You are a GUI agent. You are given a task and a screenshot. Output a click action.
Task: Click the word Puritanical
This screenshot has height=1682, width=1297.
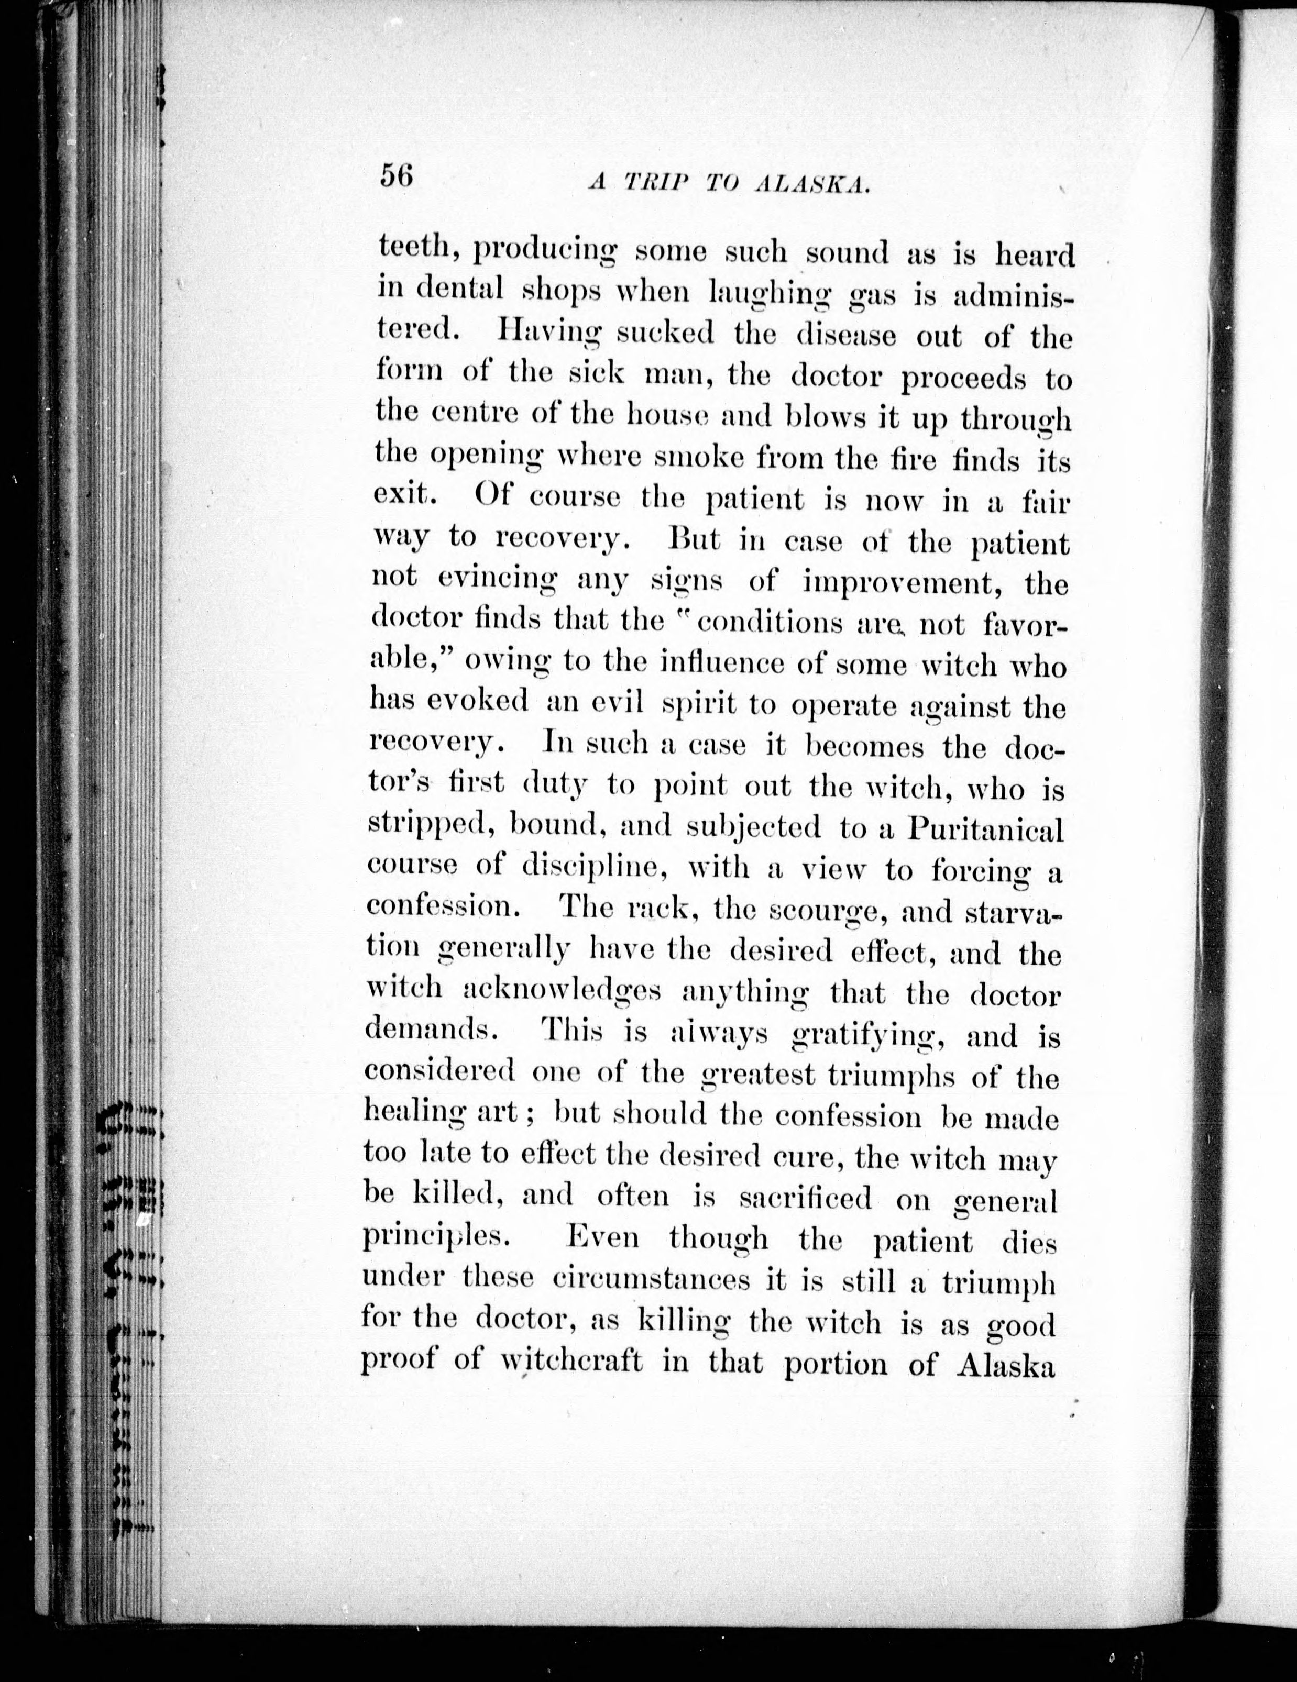[985, 829]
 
